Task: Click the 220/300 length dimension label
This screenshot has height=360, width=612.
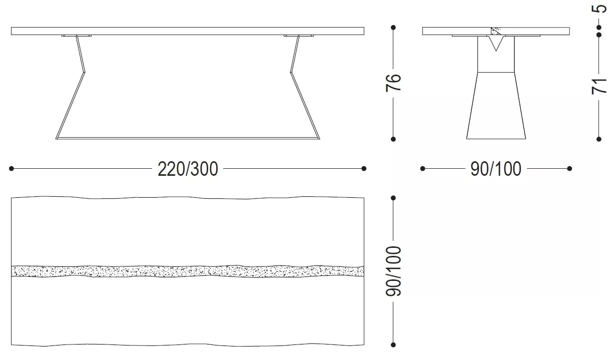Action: (188, 169)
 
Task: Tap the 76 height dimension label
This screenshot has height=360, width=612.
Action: (393, 83)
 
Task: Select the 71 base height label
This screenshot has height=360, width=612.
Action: (599, 86)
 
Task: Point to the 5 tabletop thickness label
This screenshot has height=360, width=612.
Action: (599, 9)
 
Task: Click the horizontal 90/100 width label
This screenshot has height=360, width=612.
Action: (496, 169)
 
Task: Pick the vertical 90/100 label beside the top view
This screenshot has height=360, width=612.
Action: (393, 271)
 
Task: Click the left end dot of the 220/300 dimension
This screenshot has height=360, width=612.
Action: (11, 168)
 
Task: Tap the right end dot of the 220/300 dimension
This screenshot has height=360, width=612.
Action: (364, 168)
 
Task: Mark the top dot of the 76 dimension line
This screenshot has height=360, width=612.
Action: (393, 28)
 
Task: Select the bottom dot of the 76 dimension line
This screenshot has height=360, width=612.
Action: (393, 139)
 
